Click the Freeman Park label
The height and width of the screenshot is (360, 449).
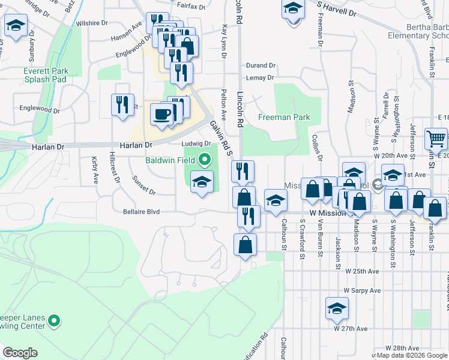pyautogui.click(x=284, y=117)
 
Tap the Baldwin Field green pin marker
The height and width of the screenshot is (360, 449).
pyautogui.click(x=205, y=160)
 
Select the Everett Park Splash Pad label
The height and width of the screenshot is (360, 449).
pyautogui.click(x=46, y=75)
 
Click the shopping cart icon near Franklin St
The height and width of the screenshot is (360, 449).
pyautogui.click(x=436, y=139)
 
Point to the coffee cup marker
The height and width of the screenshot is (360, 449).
pyautogui.click(x=161, y=114)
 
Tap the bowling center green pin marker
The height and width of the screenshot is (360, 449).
pyautogui.click(x=54, y=322)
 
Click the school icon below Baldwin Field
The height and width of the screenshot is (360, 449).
pyautogui.click(x=202, y=181)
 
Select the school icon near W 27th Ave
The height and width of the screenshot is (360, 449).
pyautogui.click(x=337, y=308)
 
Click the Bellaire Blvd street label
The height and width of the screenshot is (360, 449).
pyautogui.click(x=141, y=211)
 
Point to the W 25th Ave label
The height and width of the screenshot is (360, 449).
pyautogui.click(x=362, y=271)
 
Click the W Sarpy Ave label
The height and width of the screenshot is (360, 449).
pyautogui.click(x=362, y=290)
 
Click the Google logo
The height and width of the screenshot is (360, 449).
pyautogui.click(x=20, y=353)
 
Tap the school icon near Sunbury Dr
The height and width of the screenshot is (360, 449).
pyautogui.click(x=15, y=26)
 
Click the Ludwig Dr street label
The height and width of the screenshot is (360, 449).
pyautogui.click(x=197, y=143)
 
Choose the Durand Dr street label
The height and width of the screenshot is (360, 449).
pyautogui.click(x=261, y=65)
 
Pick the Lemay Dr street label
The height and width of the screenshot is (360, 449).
pyautogui.click(x=261, y=77)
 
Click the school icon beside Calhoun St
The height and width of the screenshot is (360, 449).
pyautogui.click(x=276, y=200)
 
